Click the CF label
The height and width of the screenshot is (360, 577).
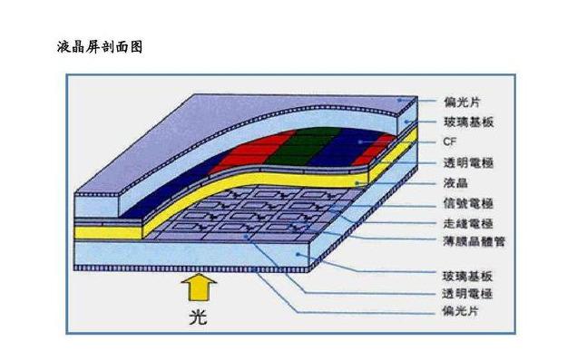pos(449,141)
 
